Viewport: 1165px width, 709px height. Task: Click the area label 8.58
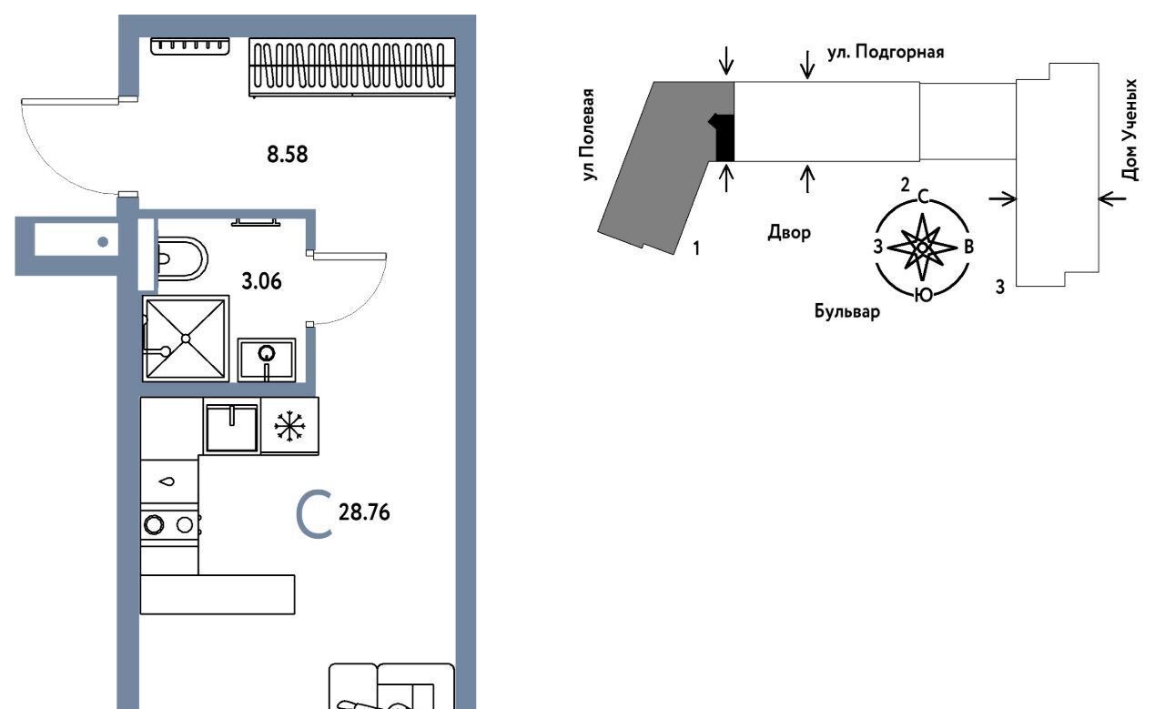coord(287,154)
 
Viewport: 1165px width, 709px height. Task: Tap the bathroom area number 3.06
coord(260,280)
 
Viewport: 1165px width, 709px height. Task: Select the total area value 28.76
coord(364,513)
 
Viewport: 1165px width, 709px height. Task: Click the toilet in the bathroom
coord(180,258)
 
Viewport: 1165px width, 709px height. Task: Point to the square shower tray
coord(185,338)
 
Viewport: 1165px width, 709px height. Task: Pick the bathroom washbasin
coord(267,358)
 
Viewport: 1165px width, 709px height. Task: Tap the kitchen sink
coord(231,427)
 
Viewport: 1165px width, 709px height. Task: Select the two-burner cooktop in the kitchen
coord(170,523)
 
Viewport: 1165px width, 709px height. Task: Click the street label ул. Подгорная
coord(886,52)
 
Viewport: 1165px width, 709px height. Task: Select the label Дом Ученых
coord(1131,129)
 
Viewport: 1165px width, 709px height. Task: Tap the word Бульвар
coord(847,314)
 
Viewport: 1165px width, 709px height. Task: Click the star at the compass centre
coord(922,247)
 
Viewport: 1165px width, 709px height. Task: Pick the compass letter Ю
coord(922,294)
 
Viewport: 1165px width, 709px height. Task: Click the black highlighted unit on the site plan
coord(724,137)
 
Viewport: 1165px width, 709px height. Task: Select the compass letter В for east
coord(969,247)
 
